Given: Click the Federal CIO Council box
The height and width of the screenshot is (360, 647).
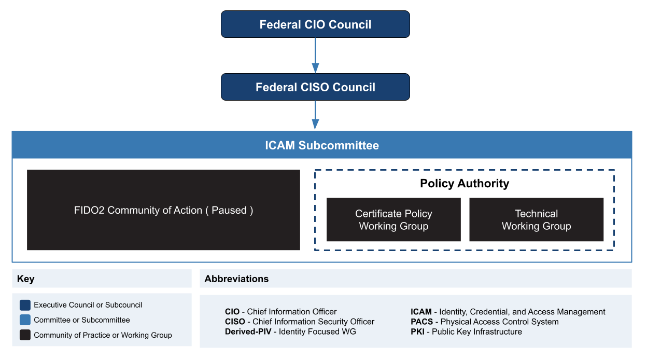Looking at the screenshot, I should (x=315, y=24).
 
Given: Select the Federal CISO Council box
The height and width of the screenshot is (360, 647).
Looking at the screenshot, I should (x=315, y=87).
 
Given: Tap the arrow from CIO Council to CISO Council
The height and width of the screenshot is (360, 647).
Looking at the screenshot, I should (x=315, y=56).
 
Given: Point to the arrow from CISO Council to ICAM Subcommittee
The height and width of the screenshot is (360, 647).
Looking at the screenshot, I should (x=315, y=115).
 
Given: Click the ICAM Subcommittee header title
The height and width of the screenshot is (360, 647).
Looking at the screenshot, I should (x=322, y=145).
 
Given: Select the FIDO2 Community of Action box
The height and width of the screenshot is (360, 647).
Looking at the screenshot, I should (x=163, y=210).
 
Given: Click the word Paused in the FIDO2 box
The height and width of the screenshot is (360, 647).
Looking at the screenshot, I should (x=229, y=211).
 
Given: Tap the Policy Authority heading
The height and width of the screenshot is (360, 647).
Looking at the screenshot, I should (x=465, y=184).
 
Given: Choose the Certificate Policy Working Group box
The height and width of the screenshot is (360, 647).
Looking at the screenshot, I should (x=393, y=219).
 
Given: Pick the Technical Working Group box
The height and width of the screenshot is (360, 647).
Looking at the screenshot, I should (x=536, y=219).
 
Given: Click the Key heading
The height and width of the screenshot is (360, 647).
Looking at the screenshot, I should (x=26, y=279).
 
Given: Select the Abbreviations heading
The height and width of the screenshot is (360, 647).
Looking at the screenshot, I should (x=236, y=279).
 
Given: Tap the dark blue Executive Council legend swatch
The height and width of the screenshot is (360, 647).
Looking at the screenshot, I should (x=25, y=305).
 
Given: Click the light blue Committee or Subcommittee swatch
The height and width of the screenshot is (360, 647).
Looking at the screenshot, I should (x=25, y=320).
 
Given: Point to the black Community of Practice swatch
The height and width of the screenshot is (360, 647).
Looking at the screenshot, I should (x=25, y=335).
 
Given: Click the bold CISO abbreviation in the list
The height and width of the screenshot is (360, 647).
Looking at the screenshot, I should (x=235, y=322).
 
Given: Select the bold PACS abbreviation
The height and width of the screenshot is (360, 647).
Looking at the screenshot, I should (x=421, y=322).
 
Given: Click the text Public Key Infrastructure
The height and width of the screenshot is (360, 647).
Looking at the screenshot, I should (x=477, y=331).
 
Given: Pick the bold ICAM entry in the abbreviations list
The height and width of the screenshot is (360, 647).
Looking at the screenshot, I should (x=421, y=312).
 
